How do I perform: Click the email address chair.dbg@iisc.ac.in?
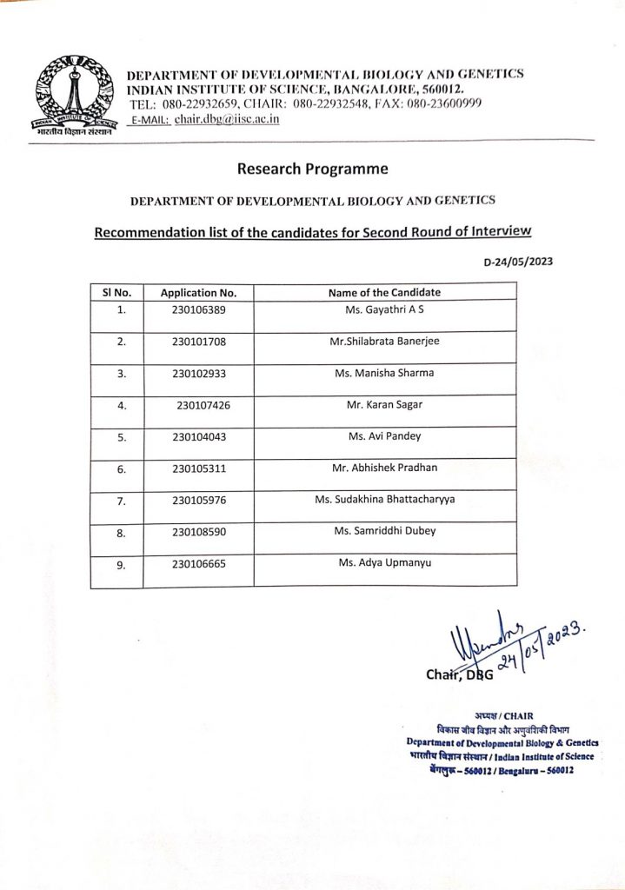tap(226, 118)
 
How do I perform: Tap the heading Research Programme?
tap(312, 169)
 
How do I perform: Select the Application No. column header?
tap(199, 293)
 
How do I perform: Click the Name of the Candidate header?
tap(384, 292)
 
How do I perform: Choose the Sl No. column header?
tap(116, 293)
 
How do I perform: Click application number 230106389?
tap(199, 309)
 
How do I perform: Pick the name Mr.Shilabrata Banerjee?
tap(384, 341)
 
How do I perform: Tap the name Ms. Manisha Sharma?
tap(384, 373)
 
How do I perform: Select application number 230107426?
tap(203, 405)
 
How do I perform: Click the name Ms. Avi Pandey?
tap(384, 436)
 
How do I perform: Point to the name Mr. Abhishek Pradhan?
tap(384, 468)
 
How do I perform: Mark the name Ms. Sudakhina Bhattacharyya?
tap(384, 500)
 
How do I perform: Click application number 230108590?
tap(199, 532)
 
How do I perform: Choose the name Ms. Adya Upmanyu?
tap(384, 563)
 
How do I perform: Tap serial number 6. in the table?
tap(122, 469)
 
